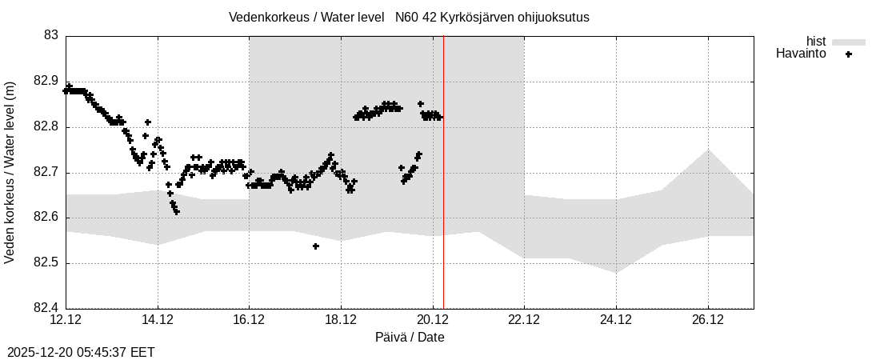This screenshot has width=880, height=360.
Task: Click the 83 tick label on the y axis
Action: pyautogui.click(x=50, y=36)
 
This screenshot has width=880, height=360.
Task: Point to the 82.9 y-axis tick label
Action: pyautogui.click(x=45, y=82)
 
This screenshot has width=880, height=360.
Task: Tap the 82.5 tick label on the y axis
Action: pyautogui.click(x=45, y=263)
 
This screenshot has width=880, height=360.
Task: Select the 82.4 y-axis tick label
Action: pyautogui.click(x=45, y=308)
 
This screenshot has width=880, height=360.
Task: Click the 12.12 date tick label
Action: pyautogui.click(x=66, y=320)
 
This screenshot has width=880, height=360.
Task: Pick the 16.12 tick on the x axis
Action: pyautogui.click(x=249, y=320)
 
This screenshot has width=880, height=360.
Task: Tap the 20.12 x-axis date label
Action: pyautogui.click(x=433, y=320)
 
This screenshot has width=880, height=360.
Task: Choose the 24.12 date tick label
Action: pyautogui.click(x=616, y=320)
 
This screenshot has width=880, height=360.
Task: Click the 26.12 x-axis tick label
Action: pyautogui.click(x=708, y=320)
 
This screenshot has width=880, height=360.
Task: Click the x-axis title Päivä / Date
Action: pyautogui.click(x=410, y=338)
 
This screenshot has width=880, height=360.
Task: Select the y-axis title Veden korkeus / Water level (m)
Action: pyautogui.click(x=10, y=172)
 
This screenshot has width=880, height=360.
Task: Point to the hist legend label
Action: pyautogui.click(x=816, y=42)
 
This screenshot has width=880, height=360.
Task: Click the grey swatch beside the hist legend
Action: pyautogui.click(x=849, y=42)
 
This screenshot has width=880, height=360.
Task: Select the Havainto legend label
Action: pyautogui.click(x=801, y=54)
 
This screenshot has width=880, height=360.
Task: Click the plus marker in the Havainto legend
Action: pyautogui.click(x=849, y=54)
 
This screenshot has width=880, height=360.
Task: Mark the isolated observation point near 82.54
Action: pyautogui.click(x=316, y=246)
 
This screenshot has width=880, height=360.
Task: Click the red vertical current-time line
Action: pyautogui.click(x=443, y=200)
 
